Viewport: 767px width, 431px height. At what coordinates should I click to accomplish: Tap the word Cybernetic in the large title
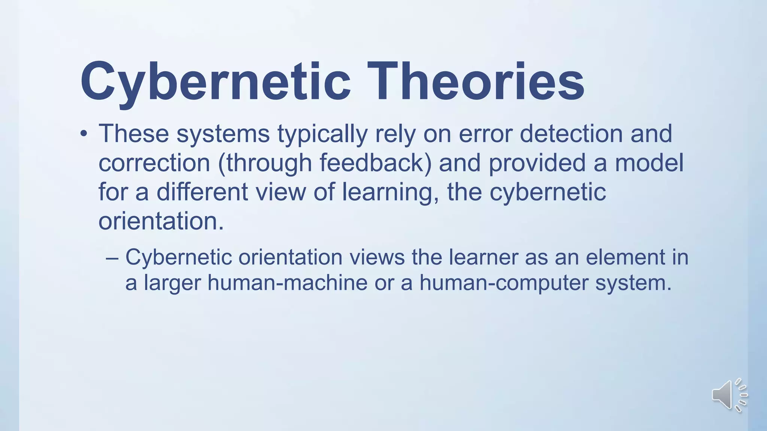215,82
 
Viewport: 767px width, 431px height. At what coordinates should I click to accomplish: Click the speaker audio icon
729,395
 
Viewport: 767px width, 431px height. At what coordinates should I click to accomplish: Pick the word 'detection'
571,134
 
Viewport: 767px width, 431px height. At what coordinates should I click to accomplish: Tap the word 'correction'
154,163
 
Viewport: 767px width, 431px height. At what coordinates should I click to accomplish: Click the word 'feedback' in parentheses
372,163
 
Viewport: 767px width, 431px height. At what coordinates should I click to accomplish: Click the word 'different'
202,192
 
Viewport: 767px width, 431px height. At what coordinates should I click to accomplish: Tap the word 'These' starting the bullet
133,134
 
